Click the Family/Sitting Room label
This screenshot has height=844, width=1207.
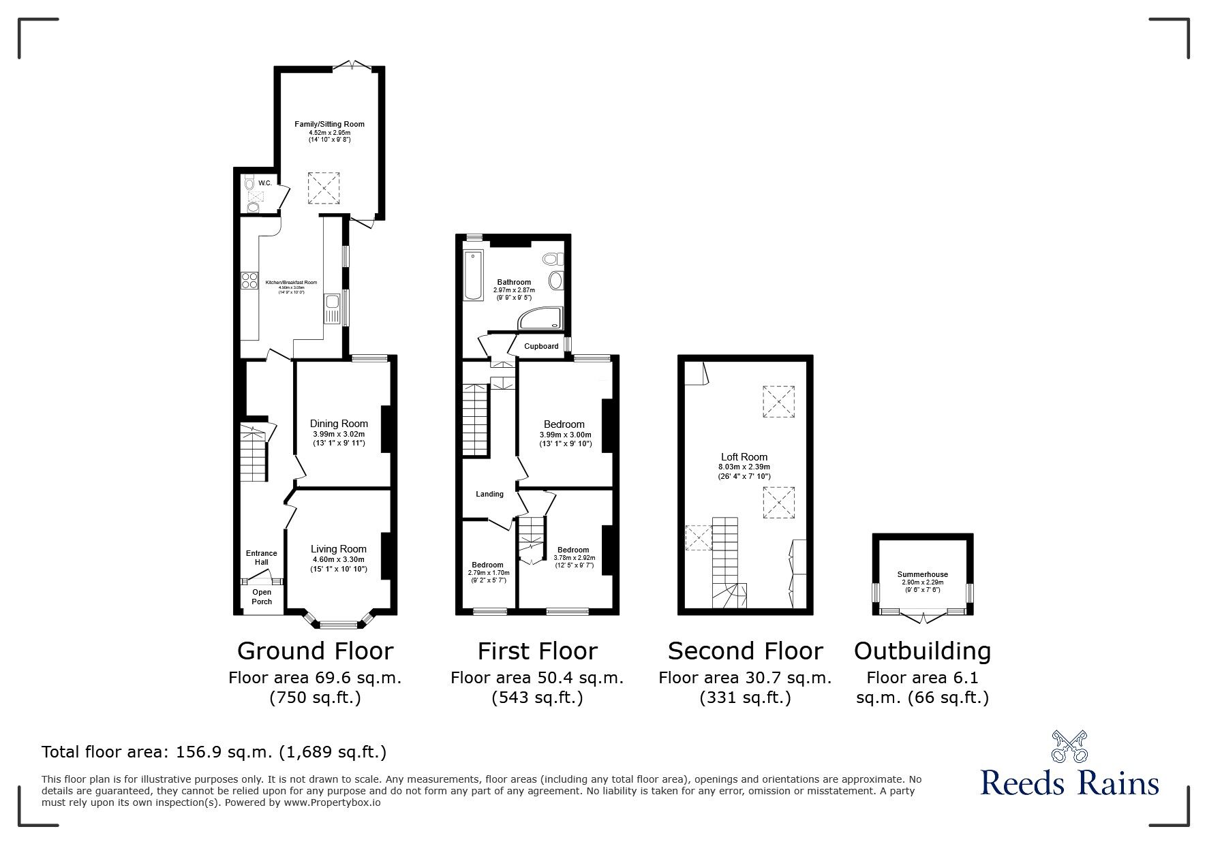pos(329,124)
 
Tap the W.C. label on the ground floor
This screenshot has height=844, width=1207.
pos(265,183)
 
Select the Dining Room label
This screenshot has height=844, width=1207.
pos(339,424)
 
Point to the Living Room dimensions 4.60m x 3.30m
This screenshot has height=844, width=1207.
pos(339,559)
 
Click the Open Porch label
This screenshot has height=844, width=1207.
pos(262,597)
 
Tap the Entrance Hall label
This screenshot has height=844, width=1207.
pos(262,557)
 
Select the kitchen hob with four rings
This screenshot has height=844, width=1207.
pos(248,281)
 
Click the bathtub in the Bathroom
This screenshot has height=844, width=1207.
pos(472,276)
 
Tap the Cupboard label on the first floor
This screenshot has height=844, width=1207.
pos(541,346)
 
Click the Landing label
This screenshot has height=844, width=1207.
pos(489,494)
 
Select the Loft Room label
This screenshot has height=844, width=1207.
pos(744,457)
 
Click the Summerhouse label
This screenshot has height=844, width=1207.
pos(922,574)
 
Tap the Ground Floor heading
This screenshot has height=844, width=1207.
pos(315,651)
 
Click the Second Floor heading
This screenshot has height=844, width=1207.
pos(745,651)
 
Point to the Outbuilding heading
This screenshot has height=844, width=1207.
pos(922,651)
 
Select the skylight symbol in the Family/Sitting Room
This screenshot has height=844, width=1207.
pos(324,188)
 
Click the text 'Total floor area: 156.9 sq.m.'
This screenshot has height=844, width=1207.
pos(159,752)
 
